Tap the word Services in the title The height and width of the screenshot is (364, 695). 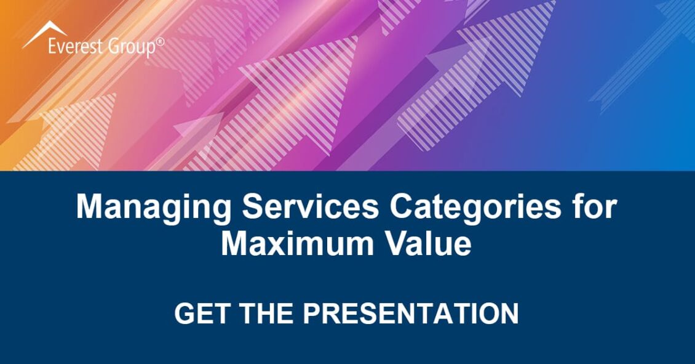310,206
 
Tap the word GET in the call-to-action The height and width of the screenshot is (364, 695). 202,313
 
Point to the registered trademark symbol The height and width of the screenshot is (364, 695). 160,42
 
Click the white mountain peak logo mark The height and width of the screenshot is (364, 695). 46,34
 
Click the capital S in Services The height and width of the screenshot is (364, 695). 253,206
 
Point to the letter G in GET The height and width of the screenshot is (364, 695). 185,313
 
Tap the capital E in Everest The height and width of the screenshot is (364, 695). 52,47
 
